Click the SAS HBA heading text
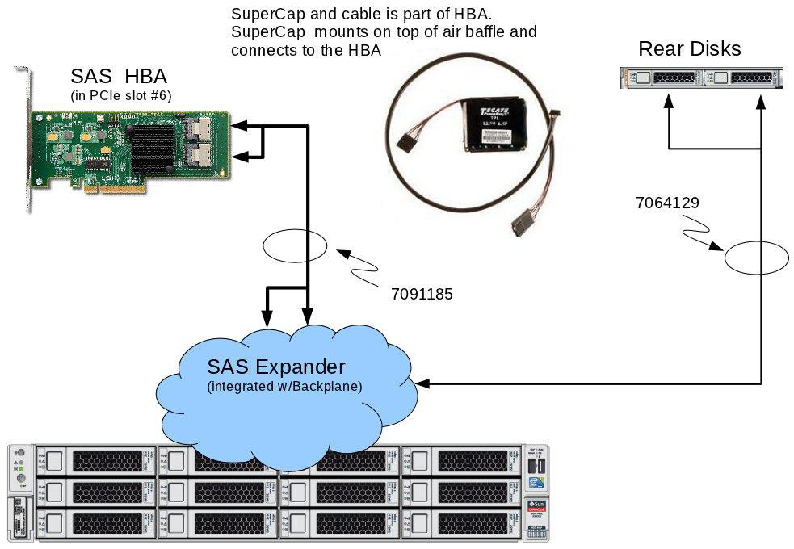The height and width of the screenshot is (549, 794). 119,77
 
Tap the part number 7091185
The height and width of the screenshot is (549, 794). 421,295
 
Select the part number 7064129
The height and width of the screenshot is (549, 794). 667,203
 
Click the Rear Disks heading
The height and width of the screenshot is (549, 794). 689,48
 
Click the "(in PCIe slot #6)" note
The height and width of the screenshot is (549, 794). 121,97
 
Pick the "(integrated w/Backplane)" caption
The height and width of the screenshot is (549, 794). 284,387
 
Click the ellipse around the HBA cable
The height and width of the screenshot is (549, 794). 296,246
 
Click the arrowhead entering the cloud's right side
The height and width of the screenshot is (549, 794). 424,384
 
